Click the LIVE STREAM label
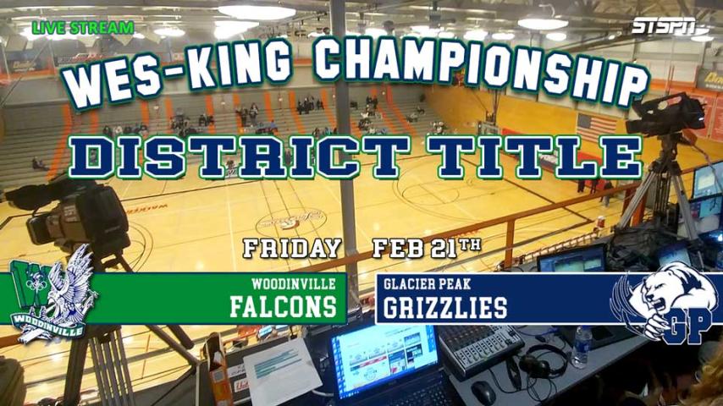point(83,28)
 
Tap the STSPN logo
point(664,26)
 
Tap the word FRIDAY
point(292,249)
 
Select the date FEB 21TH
point(427,248)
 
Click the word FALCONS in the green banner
point(283,307)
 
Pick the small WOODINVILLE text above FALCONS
point(293,283)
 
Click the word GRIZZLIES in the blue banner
point(445,308)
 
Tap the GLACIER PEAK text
point(427,284)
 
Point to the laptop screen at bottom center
point(384,359)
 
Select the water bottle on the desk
point(582,347)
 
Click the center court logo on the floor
point(291,220)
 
